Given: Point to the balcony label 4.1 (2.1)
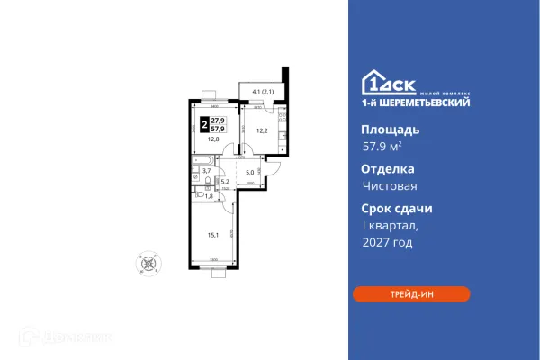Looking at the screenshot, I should pyautogui.click(x=263, y=91).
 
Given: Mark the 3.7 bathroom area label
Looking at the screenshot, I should pyautogui.click(x=206, y=170).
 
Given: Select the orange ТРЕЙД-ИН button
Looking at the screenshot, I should pyautogui.click(x=410, y=294).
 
